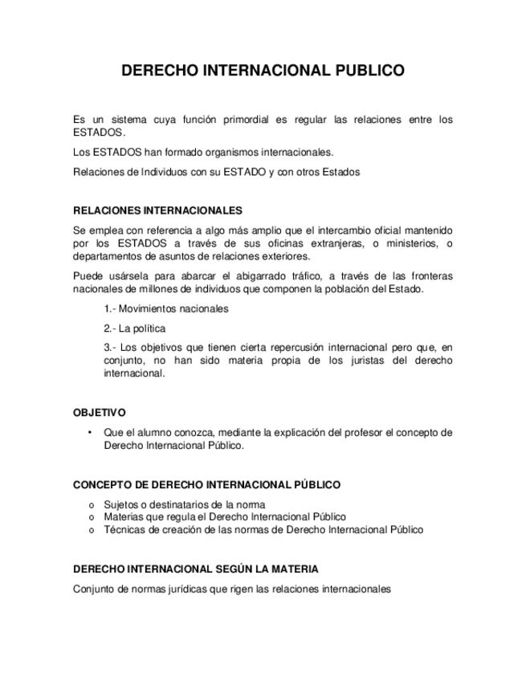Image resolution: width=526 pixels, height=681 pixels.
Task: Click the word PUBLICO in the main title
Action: pyautogui.click(x=365, y=71)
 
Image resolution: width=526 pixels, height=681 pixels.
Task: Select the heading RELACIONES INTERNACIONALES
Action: pyautogui.click(x=157, y=210)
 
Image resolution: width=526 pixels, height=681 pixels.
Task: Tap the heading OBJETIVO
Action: pyautogui.click(x=100, y=412)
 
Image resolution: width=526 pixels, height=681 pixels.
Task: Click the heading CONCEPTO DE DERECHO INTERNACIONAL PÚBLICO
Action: pyautogui.click(x=206, y=485)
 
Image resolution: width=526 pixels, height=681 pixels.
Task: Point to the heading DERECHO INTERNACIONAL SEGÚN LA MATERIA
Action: pyautogui.click(x=196, y=569)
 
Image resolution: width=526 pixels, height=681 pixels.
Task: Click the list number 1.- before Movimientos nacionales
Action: pyautogui.click(x=110, y=308)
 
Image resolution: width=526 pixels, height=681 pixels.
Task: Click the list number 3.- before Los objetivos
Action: pyautogui.click(x=110, y=347)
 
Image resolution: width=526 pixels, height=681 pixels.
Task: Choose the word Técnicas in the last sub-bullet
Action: pyautogui.click(x=123, y=530)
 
